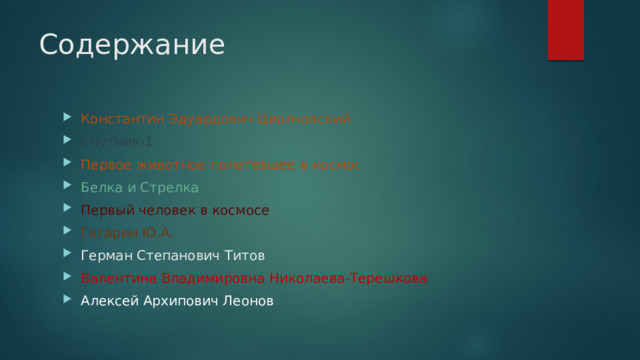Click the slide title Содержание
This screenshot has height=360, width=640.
click(x=132, y=46)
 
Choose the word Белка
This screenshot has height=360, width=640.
click(x=101, y=187)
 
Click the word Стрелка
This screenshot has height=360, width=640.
click(x=169, y=187)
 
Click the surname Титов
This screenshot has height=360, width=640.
click(x=245, y=256)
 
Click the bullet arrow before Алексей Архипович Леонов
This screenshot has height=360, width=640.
click(x=67, y=302)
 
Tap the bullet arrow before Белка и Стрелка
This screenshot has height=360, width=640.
click(x=67, y=187)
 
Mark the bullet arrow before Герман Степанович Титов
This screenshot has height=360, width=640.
click(x=67, y=256)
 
